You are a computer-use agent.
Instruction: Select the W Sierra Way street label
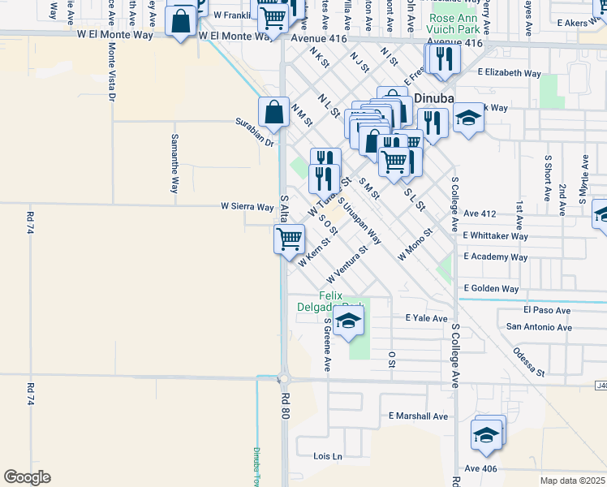point(247,207)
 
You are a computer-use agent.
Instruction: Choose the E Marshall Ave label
point(418,416)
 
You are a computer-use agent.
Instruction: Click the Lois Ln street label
point(328,456)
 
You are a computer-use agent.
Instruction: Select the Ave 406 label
point(480,468)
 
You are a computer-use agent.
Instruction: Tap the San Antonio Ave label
point(539,328)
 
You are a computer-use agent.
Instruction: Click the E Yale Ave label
point(420,319)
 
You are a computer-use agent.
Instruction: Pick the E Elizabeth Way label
point(509,73)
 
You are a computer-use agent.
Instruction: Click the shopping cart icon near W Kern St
point(289,239)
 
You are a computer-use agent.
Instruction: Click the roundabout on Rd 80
point(285,378)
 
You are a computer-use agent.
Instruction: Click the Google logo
point(27,477)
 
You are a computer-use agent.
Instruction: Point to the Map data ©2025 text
point(571,481)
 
